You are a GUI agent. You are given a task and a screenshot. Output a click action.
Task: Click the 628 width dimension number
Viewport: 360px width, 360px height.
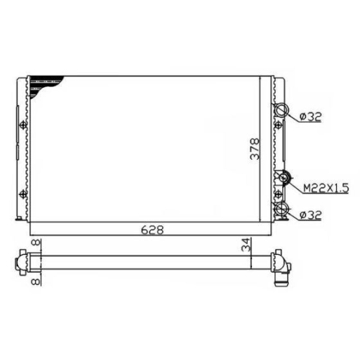(x=153, y=230)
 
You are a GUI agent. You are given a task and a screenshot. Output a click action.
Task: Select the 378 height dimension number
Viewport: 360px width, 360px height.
(x=255, y=149)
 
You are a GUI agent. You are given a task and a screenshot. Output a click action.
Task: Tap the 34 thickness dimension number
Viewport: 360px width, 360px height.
(x=246, y=245)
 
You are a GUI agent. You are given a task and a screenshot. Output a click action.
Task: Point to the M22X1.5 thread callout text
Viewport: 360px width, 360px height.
(x=325, y=188)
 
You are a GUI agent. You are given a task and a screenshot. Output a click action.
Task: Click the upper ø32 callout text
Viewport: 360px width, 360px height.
(x=310, y=117)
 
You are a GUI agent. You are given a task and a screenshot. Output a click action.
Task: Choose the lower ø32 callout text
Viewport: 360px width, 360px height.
(x=310, y=215)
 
